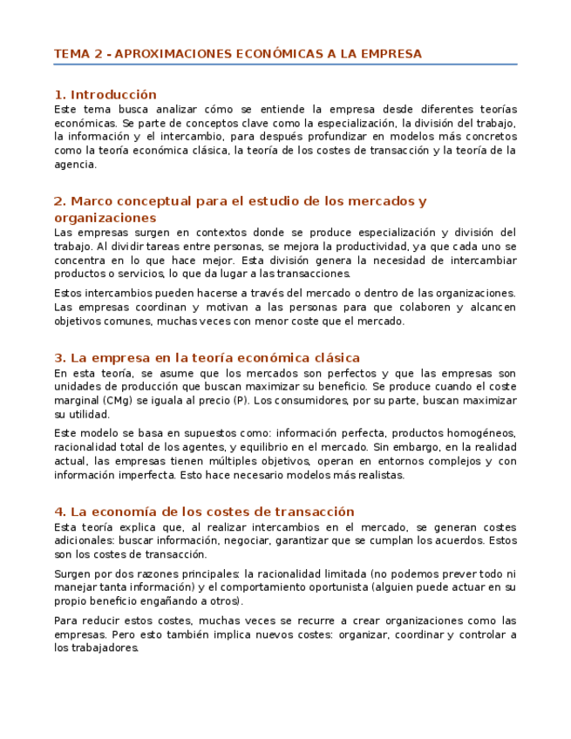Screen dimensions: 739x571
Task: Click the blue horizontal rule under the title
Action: pyautogui.click(x=285, y=64)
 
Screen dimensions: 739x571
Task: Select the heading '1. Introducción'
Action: pyautogui.click(x=105, y=94)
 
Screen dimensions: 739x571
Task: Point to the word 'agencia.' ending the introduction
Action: pyautogui.click(x=75, y=165)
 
